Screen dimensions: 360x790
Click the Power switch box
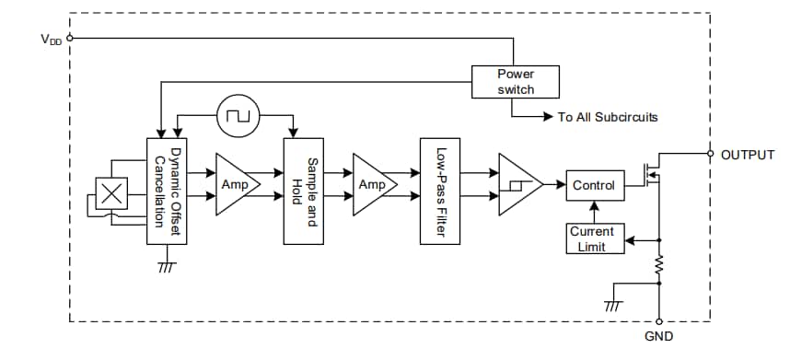[x=516, y=81]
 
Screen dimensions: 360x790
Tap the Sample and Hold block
[x=305, y=192]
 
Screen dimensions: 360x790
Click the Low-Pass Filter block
[x=440, y=192]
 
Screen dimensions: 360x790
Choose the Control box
[x=593, y=185]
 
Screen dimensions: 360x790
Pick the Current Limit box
[x=591, y=238]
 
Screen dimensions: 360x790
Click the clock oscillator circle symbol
[x=238, y=116]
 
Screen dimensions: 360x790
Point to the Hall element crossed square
[x=111, y=194]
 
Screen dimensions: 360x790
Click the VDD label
[x=52, y=40]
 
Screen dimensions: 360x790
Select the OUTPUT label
[x=748, y=155]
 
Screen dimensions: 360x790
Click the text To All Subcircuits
[x=607, y=118]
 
